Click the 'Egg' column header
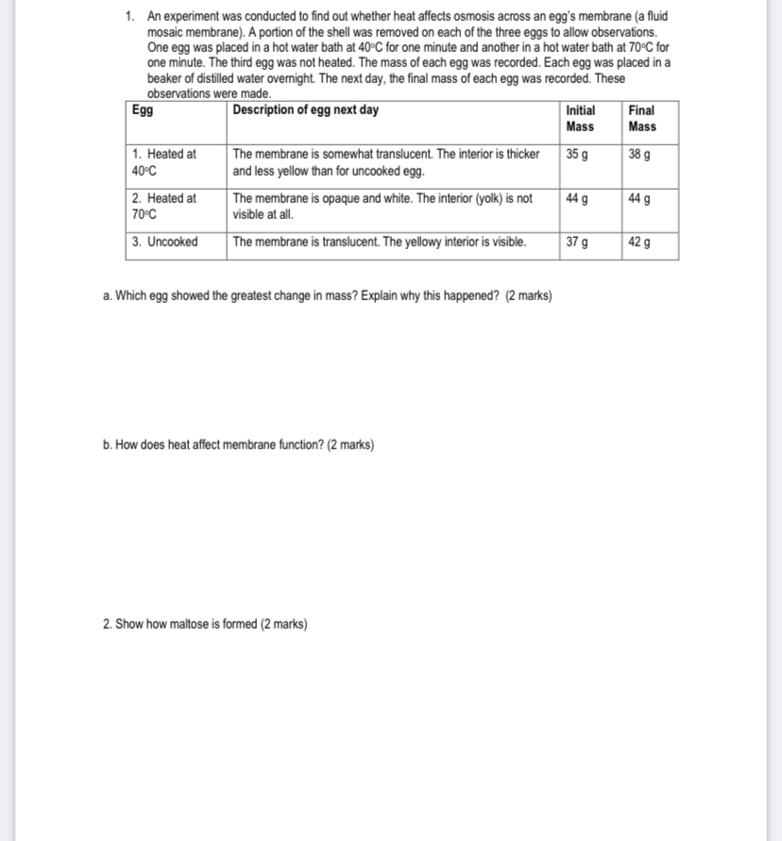pyautogui.click(x=143, y=110)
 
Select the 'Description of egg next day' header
pyautogui.click(x=305, y=110)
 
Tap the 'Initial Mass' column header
pyautogui.click(x=580, y=118)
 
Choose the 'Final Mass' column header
pyautogui.click(x=641, y=118)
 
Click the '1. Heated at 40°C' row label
pyautogui.click(x=164, y=162)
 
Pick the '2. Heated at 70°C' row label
pyautogui.click(x=164, y=206)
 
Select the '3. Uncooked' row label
pyautogui.click(x=165, y=242)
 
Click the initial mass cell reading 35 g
pyautogui.click(x=576, y=154)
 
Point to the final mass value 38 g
pyautogui.click(x=638, y=154)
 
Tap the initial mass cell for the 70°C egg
pyautogui.click(x=576, y=198)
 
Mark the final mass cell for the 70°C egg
pyautogui.click(x=638, y=198)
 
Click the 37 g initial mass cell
pyautogui.click(x=576, y=242)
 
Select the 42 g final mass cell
pyautogui.click(x=638, y=242)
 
